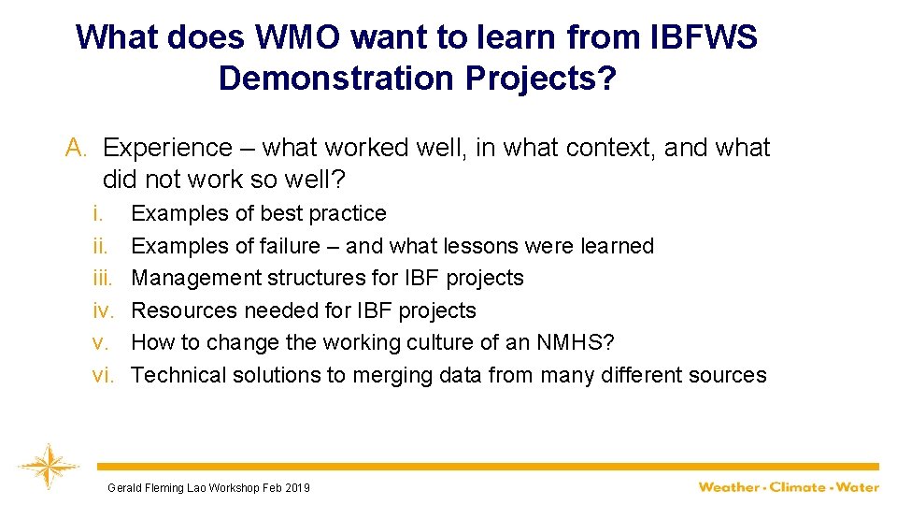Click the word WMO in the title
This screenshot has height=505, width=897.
[x=291, y=37]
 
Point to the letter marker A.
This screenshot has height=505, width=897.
[x=76, y=148]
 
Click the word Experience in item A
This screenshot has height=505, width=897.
[x=167, y=148]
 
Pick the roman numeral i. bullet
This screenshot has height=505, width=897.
[x=97, y=213]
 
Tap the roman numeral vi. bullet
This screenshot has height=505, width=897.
[x=102, y=375]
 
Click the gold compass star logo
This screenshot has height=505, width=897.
[x=43, y=466]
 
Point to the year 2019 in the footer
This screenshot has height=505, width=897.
[x=296, y=487]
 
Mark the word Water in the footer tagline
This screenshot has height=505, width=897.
[x=858, y=486]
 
